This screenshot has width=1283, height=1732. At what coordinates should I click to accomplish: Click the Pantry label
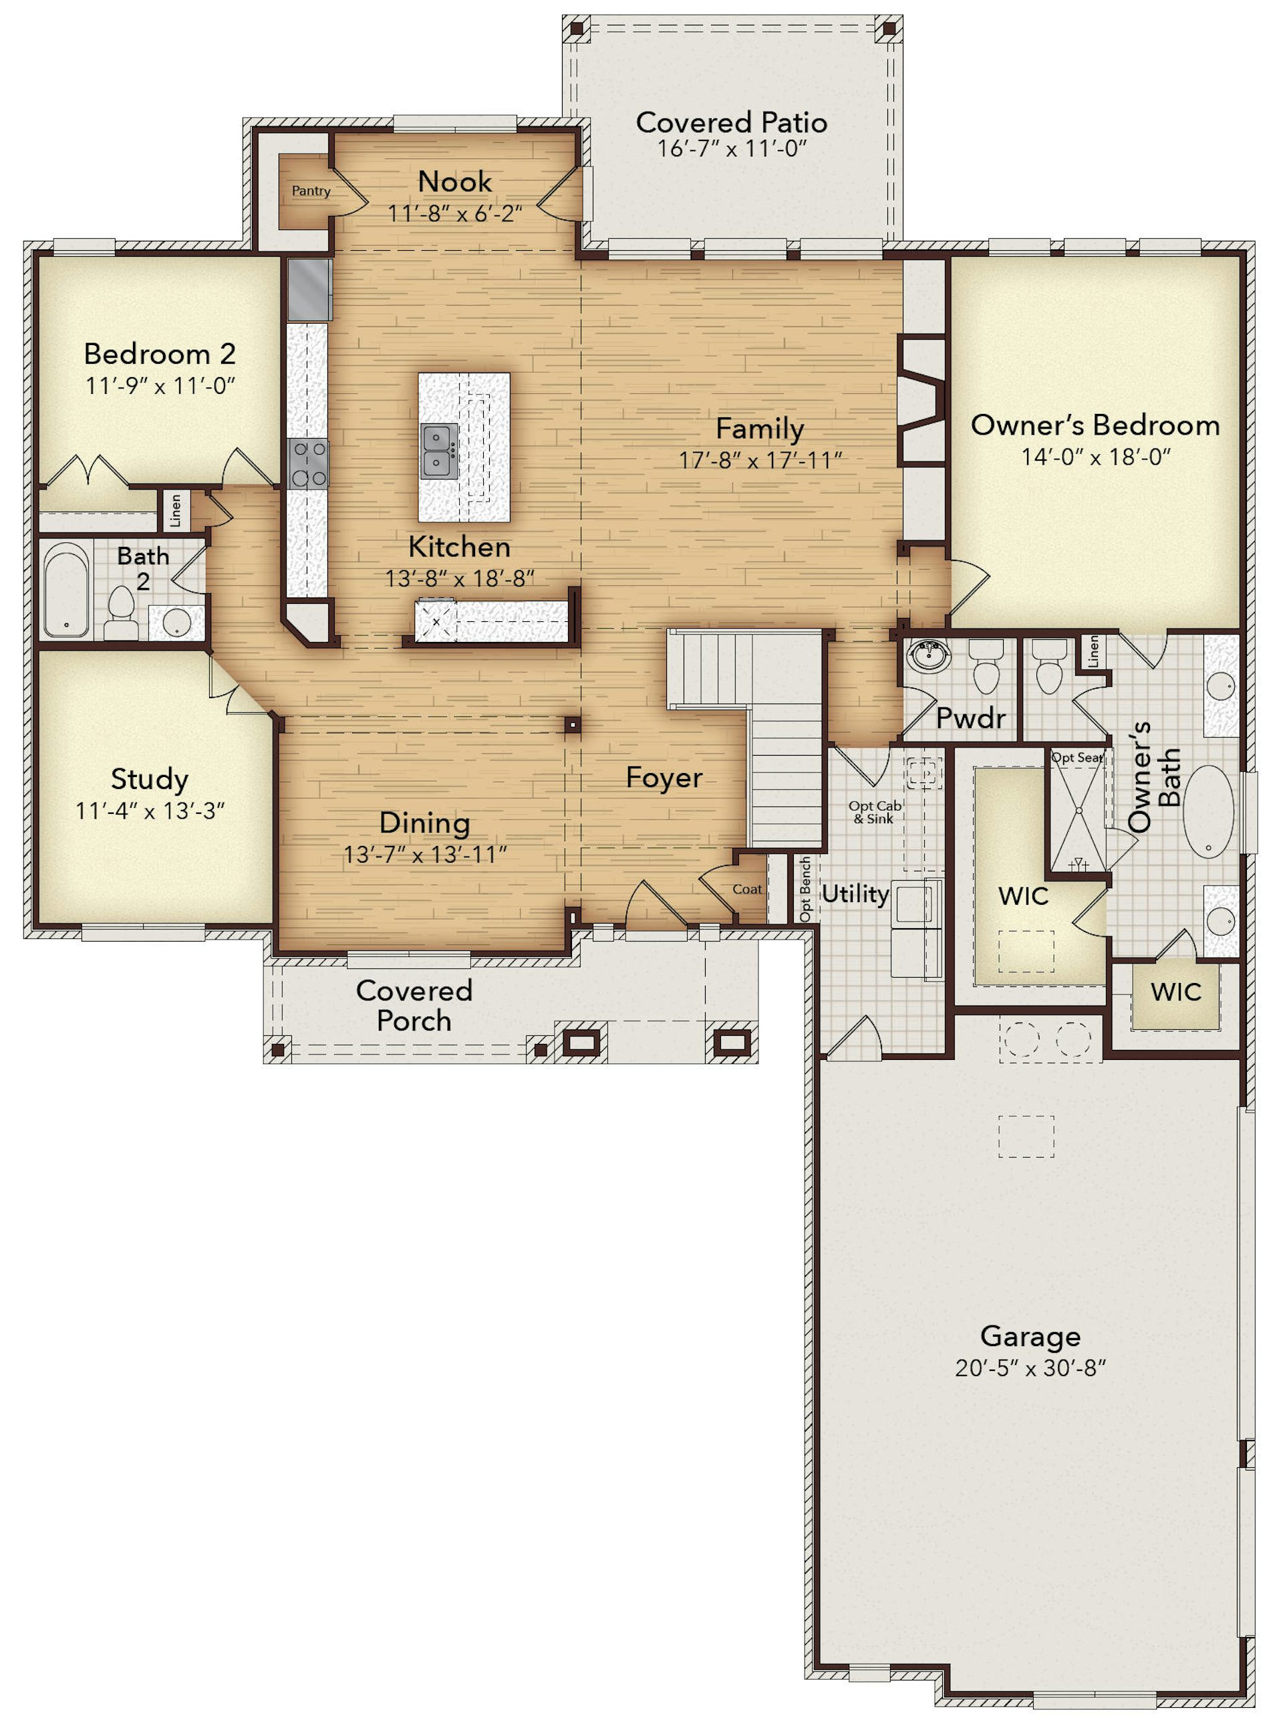click(311, 191)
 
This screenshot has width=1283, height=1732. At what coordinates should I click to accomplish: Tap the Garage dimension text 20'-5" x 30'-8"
click(1030, 1368)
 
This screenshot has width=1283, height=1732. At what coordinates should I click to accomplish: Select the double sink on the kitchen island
click(440, 451)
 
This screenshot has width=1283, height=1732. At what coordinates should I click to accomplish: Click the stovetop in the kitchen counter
click(308, 464)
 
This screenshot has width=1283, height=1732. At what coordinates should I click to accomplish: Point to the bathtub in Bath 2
click(66, 590)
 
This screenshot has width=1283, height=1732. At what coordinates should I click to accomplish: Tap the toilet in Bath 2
click(120, 613)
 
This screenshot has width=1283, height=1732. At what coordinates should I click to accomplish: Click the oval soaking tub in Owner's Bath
click(1207, 812)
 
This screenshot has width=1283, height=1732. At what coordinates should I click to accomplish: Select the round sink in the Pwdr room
click(929, 656)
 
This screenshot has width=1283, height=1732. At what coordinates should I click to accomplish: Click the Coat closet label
click(747, 889)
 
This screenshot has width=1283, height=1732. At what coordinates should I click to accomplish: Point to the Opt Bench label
click(805, 889)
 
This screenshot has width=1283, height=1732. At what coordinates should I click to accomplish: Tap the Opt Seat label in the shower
click(1077, 758)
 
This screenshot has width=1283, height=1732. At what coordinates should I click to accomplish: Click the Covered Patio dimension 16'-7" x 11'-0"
click(732, 148)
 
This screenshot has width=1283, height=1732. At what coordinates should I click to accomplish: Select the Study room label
click(149, 779)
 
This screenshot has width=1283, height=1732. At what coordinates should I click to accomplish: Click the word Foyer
click(664, 778)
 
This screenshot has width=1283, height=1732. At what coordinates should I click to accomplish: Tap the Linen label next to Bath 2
click(176, 510)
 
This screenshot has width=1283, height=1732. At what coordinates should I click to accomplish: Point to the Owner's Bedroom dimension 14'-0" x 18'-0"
click(1095, 457)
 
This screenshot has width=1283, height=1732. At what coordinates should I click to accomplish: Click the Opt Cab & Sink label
click(875, 813)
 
